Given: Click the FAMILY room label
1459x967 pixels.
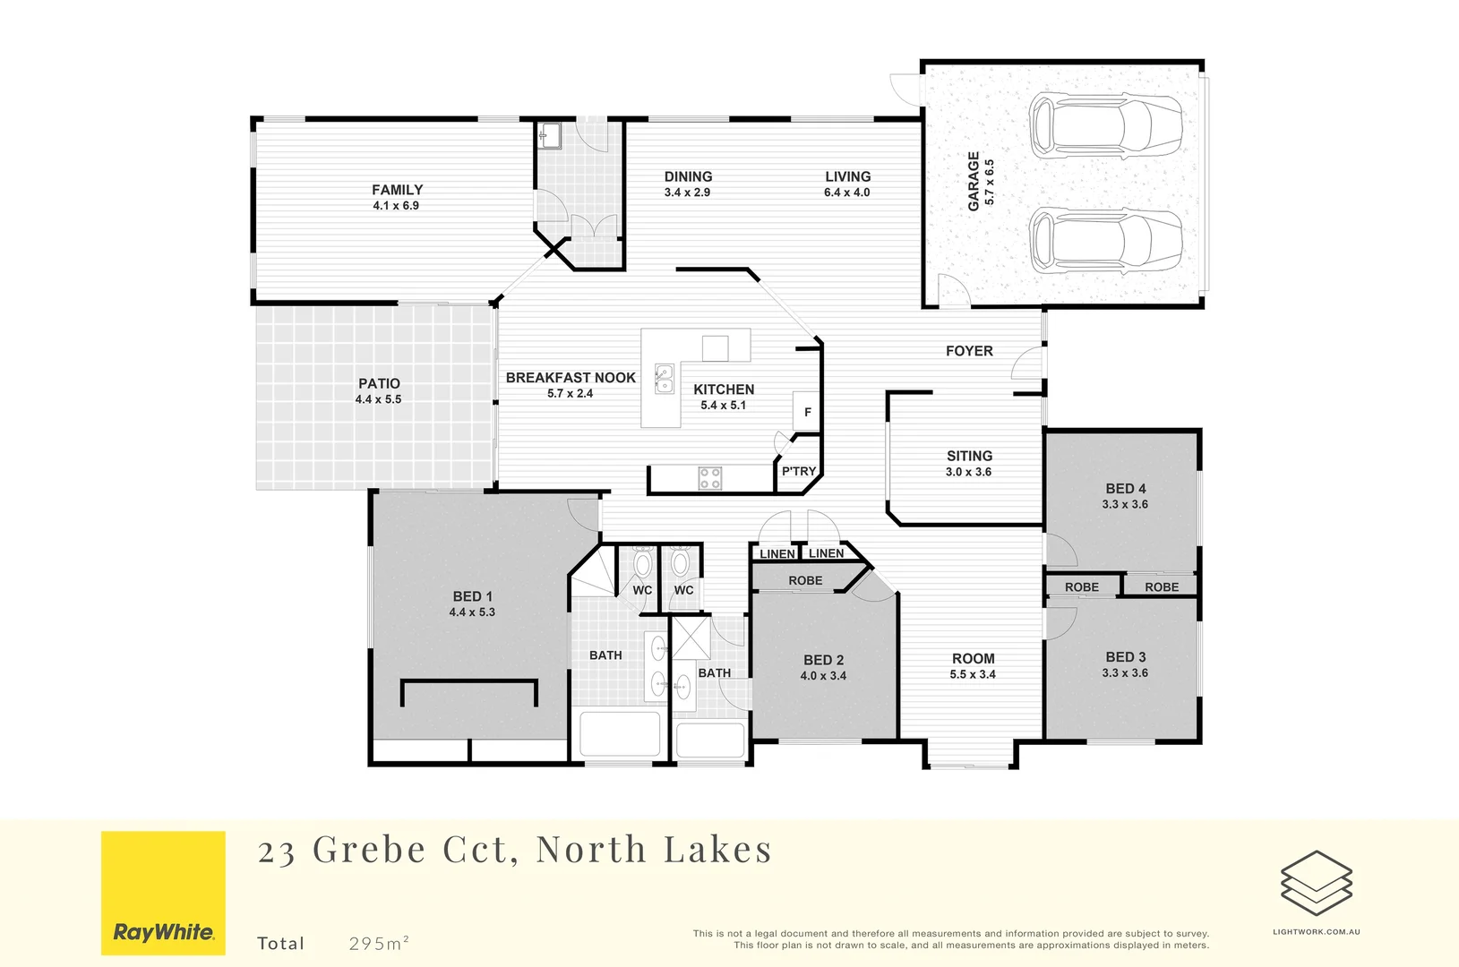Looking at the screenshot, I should tap(397, 190).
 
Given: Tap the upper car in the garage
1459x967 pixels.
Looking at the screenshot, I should tap(1104, 126).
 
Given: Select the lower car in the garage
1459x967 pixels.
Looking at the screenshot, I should tap(1104, 240).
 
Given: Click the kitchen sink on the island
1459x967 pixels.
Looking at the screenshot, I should tap(664, 379).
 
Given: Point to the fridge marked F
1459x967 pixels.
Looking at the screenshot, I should tap(807, 412).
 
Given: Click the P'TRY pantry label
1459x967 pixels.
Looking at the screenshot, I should tap(799, 472).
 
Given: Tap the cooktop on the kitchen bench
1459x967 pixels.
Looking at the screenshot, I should tap(710, 478).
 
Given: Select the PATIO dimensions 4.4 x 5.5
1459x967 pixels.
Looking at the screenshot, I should tap(379, 399).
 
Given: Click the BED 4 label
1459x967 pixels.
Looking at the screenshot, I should tap(1125, 489).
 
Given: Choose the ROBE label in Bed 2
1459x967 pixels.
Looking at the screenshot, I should tap(805, 581).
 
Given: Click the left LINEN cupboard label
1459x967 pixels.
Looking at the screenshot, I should tap(777, 554).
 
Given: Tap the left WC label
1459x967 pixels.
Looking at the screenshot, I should tap(642, 590).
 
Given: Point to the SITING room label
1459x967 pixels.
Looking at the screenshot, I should tap(969, 456).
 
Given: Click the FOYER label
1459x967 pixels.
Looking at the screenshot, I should tap(969, 351).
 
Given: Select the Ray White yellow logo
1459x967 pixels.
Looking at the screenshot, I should tap(163, 893).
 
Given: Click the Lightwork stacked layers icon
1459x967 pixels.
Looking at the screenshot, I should tap(1316, 883).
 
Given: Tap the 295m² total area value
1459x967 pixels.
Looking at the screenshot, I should tap(379, 943).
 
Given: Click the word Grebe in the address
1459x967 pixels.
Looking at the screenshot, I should tap(369, 850).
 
